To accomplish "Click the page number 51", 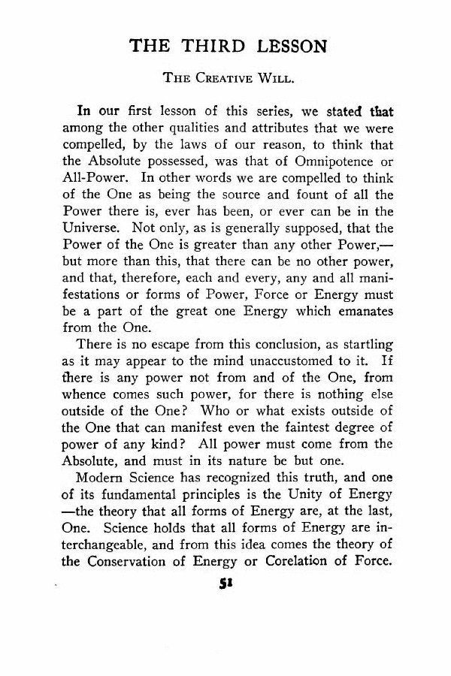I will tap(224, 586).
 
